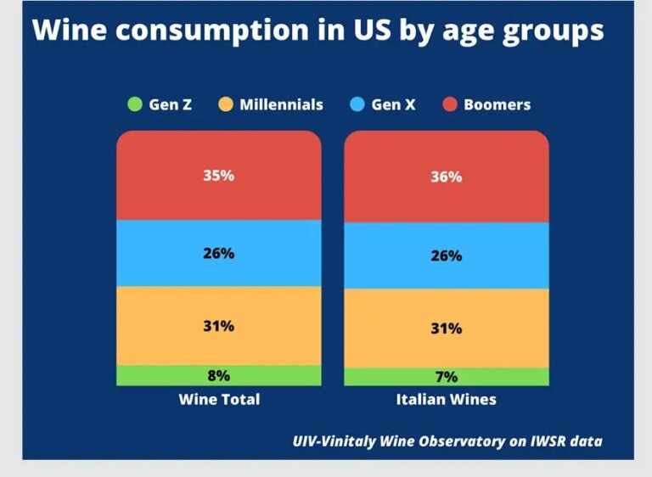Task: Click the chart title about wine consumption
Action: click(x=318, y=31)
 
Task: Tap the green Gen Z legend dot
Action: click(x=134, y=105)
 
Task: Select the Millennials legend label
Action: click(x=281, y=105)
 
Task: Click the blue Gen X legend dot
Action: click(x=357, y=105)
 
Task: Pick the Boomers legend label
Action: click(x=497, y=105)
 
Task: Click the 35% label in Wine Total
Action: click(x=218, y=176)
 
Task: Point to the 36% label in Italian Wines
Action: click(x=446, y=177)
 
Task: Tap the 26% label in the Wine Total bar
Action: click(x=218, y=253)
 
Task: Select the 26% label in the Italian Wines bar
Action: click(x=446, y=255)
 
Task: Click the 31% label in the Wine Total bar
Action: click(x=218, y=326)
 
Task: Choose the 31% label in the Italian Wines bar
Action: click(x=446, y=328)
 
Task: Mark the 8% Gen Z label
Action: click(x=218, y=375)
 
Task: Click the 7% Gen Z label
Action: click(x=446, y=377)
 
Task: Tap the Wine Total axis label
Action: click(x=219, y=399)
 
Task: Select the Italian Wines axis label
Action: click(x=446, y=399)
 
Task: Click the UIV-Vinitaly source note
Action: click(x=447, y=441)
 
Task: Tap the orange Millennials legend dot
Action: click(x=224, y=105)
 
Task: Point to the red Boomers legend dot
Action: click(x=449, y=105)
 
